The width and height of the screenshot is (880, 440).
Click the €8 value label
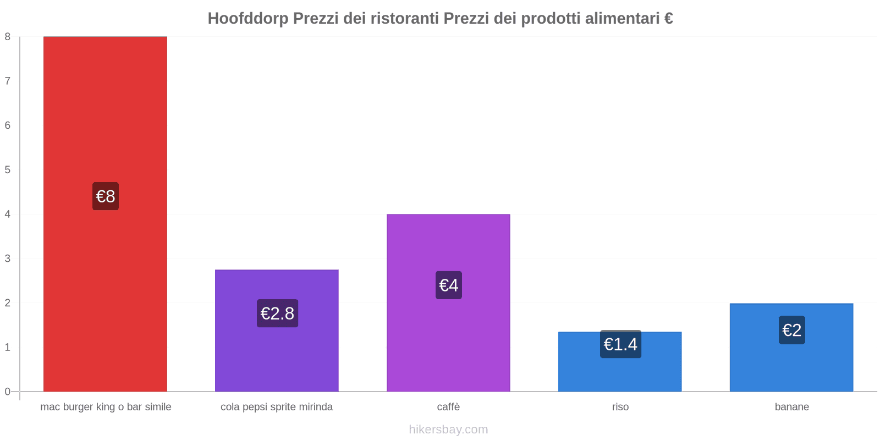click(x=106, y=196)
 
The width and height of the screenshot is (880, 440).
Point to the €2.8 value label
click(x=277, y=313)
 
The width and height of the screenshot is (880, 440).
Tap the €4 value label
click(x=449, y=285)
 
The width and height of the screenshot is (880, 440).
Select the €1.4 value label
click(x=620, y=344)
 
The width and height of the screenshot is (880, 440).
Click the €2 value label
click(x=792, y=330)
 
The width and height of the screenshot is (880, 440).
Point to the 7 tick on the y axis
click(x=8, y=81)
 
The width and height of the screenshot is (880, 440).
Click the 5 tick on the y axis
click(x=8, y=170)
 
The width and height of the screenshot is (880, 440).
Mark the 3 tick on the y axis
click(x=8, y=258)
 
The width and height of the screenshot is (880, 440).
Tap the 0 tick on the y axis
click(x=8, y=392)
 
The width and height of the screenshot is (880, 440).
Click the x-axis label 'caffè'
click(x=448, y=407)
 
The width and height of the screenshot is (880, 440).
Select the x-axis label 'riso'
click(x=620, y=407)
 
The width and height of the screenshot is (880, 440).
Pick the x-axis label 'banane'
click(x=791, y=407)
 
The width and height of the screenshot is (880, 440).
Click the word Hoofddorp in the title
click(x=248, y=19)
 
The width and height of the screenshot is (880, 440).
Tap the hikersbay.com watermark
click(x=448, y=430)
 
